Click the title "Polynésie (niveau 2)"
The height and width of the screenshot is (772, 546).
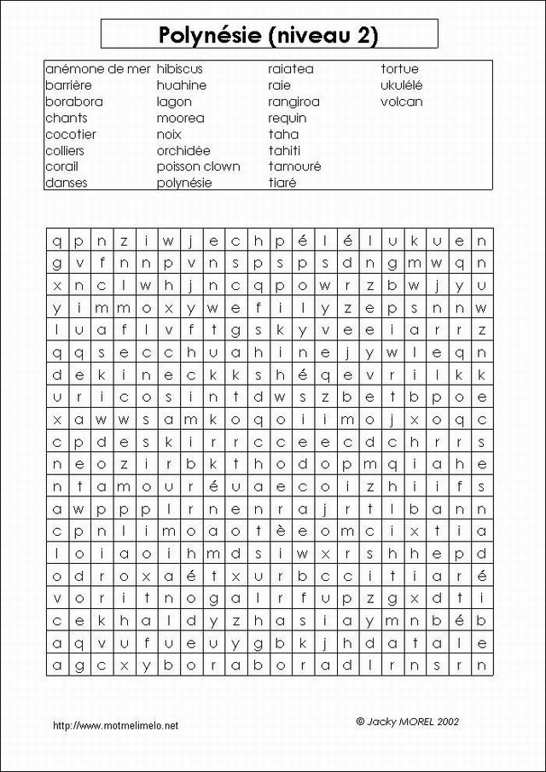click(269, 34)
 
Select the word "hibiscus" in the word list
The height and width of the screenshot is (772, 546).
click(180, 69)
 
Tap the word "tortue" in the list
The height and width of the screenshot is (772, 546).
click(399, 69)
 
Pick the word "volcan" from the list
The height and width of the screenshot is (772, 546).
click(402, 102)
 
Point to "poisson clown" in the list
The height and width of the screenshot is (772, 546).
click(198, 166)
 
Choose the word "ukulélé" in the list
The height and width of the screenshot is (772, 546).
click(402, 85)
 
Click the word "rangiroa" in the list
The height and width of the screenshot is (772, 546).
click(294, 102)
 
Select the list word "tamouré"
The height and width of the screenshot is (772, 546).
click(294, 166)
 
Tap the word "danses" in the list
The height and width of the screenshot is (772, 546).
click(67, 183)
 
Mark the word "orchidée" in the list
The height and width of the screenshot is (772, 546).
click(183, 150)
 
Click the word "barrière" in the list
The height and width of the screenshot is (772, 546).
click(68, 85)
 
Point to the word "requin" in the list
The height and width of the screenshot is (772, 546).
click(288, 118)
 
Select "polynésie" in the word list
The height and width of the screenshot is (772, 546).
click(184, 183)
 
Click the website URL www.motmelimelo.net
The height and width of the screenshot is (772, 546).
click(116, 726)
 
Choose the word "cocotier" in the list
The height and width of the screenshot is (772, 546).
click(71, 134)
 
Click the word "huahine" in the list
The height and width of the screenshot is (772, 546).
click(182, 85)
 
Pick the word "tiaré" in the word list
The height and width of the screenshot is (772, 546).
click(282, 183)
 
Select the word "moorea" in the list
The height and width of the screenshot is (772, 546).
click(180, 118)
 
